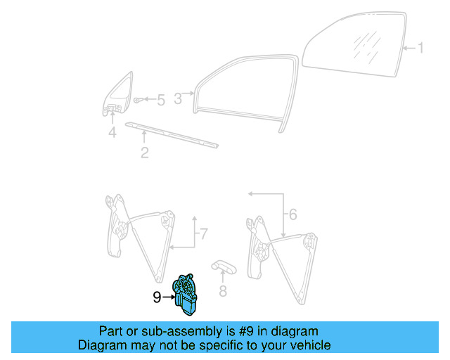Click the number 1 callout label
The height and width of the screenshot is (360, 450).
[x=420, y=49]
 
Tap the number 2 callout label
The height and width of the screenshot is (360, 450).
[x=144, y=152]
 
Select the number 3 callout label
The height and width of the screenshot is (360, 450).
[x=178, y=99]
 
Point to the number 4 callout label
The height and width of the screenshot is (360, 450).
[x=112, y=132]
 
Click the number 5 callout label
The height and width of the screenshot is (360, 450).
[x=160, y=101]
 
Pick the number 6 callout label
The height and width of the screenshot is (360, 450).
[x=293, y=214]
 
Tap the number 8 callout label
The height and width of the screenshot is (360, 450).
[x=223, y=290]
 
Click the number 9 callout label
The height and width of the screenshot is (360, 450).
[x=157, y=297]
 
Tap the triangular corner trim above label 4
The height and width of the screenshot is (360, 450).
[x=119, y=93]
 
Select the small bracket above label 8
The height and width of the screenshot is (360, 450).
[x=225, y=266]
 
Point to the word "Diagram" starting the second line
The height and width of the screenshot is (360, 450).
[x=101, y=345]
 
